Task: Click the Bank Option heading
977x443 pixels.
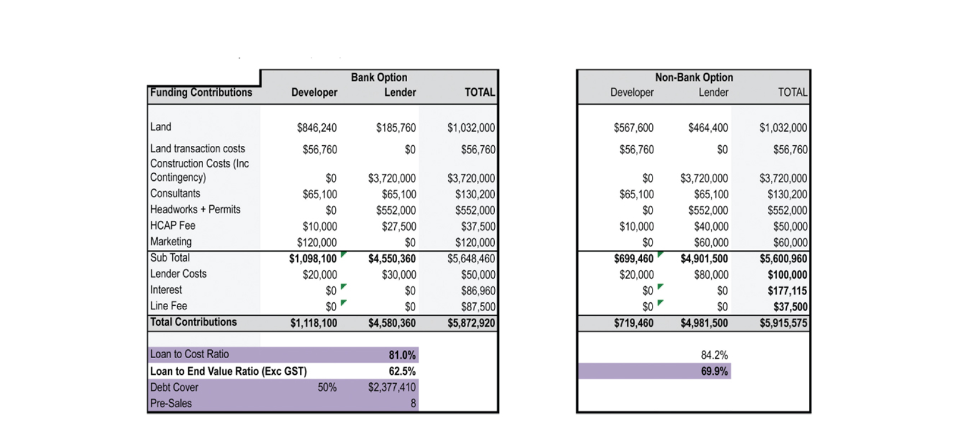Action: coord(379,78)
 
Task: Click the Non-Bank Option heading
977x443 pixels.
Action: coord(693,78)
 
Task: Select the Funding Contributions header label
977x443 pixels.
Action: coord(201,92)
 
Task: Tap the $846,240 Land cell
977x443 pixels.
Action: coord(316,128)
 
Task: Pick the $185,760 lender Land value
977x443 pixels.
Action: coord(396,128)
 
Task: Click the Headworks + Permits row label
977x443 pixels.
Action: coord(195,210)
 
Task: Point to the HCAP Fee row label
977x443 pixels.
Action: coord(173,226)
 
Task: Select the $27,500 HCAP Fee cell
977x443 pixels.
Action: coord(399,227)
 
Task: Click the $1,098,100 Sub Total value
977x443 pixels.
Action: coord(313,259)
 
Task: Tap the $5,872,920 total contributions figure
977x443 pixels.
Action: coord(472,323)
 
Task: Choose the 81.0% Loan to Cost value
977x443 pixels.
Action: coord(402,355)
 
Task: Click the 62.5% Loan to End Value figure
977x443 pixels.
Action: coord(402,371)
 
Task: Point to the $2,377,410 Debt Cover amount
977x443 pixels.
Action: coord(392,387)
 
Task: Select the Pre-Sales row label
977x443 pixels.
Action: coord(171,403)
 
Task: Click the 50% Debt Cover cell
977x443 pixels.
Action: coord(327,387)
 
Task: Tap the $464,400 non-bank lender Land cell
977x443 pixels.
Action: coord(708,128)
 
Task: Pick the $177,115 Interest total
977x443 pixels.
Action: coord(787,291)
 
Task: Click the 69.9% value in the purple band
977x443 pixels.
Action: coord(714,371)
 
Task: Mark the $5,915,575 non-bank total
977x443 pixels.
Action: coord(784,323)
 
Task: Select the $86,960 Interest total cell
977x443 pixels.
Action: coord(479,291)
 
